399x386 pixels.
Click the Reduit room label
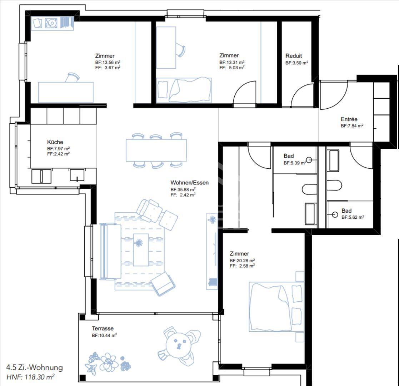294,56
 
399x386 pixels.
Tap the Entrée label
349,119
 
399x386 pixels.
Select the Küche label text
55,142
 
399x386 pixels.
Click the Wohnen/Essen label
190,183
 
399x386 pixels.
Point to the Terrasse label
103,328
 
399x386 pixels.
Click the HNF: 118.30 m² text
30,377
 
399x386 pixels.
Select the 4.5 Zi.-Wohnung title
34,367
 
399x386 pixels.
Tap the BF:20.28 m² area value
242,261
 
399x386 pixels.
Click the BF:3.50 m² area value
297,63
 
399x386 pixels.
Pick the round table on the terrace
179,346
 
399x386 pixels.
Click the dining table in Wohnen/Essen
156,150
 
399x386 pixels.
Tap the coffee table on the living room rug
141,250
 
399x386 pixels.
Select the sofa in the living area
110,252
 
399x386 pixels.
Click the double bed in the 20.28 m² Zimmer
276,307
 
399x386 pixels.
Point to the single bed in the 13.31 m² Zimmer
184,90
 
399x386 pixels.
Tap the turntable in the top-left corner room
51,23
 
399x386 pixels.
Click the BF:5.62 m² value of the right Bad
353,217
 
